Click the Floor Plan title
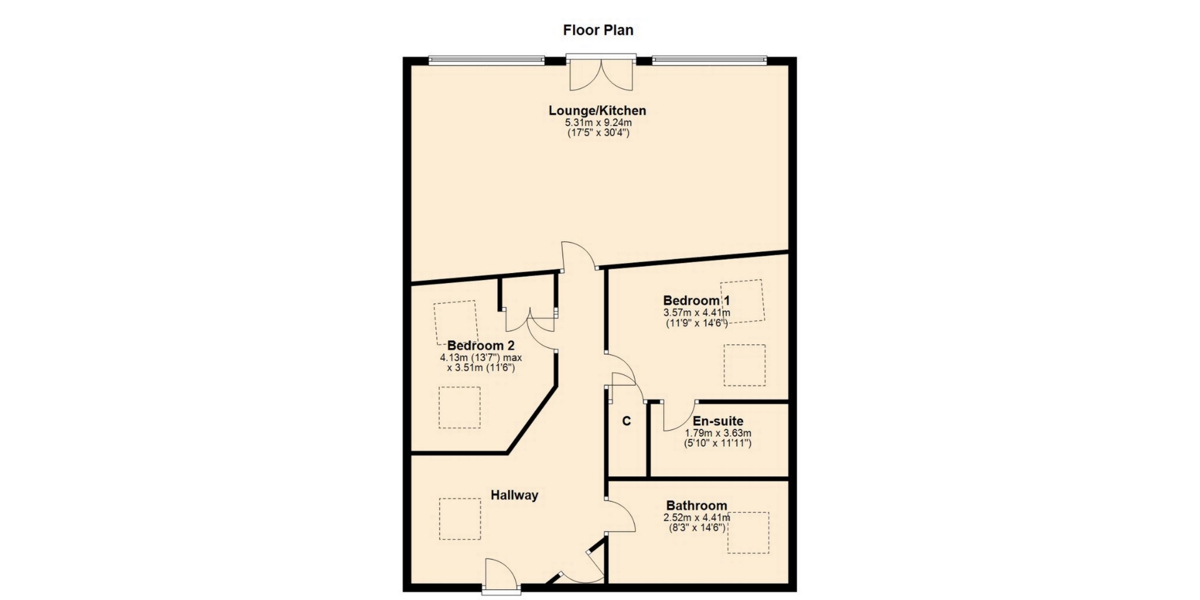[598, 30]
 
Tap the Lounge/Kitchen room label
[597, 111]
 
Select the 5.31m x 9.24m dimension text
[598, 123]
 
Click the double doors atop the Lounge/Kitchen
[601, 73]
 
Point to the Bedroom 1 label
[696, 301]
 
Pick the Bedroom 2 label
[481, 346]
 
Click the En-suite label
[718, 421]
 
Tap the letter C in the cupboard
[626, 421]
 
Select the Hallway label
[514, 496]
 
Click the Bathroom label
[696, 506]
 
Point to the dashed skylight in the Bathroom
[748, 532]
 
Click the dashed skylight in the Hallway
[460, 519]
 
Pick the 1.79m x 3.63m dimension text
[718, 433]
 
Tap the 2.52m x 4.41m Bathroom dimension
[696, 517]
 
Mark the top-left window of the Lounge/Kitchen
[486, 60]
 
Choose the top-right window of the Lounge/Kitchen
[709, 60]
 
